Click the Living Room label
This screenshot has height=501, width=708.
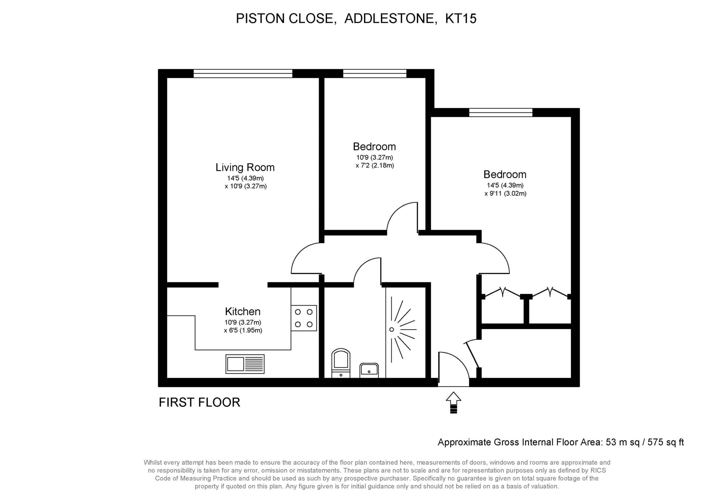click(x=245, y=167)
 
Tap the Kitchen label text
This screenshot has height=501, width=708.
click(x=242, y=311)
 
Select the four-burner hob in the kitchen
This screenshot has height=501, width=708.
click(x=304, y=318)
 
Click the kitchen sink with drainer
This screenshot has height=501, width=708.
click(x=245, y=364)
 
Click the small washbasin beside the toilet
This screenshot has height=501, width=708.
click(x=369, y=370)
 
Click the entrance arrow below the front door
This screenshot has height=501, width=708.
click(x=453, y=403)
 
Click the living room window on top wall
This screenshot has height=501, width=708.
click(x=243, y=73)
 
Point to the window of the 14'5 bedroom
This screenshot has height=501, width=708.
click(x=501, y=112)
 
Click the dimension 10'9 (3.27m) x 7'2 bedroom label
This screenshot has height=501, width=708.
click(x=374, y=161)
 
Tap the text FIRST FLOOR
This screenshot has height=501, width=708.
click(x=199, y=402)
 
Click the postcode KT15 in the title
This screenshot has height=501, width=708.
click(x=460, y=18)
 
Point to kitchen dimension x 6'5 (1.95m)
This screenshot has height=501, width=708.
click(x=243, y=330)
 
